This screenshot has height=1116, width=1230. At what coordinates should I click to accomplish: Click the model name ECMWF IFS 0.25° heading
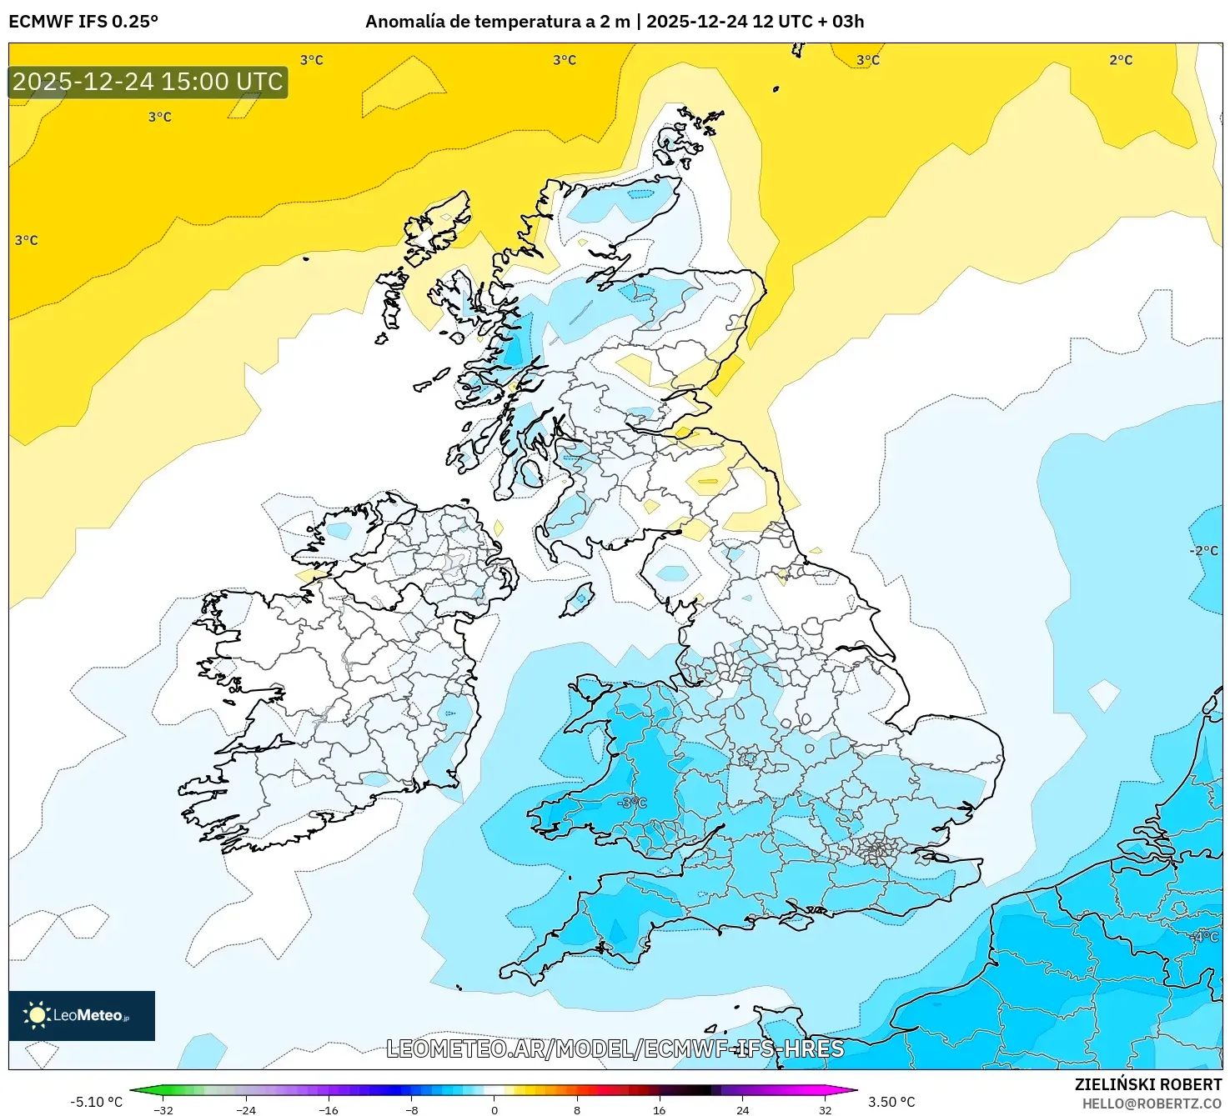click(83, 22)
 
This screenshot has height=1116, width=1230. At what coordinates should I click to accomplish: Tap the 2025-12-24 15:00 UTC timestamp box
click(148, 82)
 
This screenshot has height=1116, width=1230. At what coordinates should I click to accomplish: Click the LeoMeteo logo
click(81, 1015)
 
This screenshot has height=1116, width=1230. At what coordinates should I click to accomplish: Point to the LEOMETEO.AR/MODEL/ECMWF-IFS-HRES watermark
click(615, 1048)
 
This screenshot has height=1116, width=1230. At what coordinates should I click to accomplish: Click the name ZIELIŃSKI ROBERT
click(1147, 1084)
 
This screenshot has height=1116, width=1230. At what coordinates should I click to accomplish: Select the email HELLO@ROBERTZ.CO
click(1152, 1103)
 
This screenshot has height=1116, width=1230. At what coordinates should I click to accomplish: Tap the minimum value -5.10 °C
click(96, 1102)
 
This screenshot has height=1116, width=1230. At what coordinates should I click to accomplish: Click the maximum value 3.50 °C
click(891, 1102)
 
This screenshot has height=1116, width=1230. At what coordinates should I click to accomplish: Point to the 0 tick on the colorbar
click(495, 1109)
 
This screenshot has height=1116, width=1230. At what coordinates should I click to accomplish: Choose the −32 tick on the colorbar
click(163, 1109)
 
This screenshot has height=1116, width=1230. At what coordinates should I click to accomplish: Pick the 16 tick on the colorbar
click(660, 1109)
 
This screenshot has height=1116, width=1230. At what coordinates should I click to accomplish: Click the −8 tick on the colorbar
click(411, 1109)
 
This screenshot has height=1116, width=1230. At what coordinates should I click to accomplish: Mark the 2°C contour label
click(1121, 60)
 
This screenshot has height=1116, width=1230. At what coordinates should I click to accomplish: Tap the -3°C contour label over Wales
click(632, 803)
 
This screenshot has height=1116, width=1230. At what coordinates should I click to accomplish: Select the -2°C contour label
click(1203, 551)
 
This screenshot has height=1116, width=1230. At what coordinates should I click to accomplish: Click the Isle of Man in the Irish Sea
click(577, 599)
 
